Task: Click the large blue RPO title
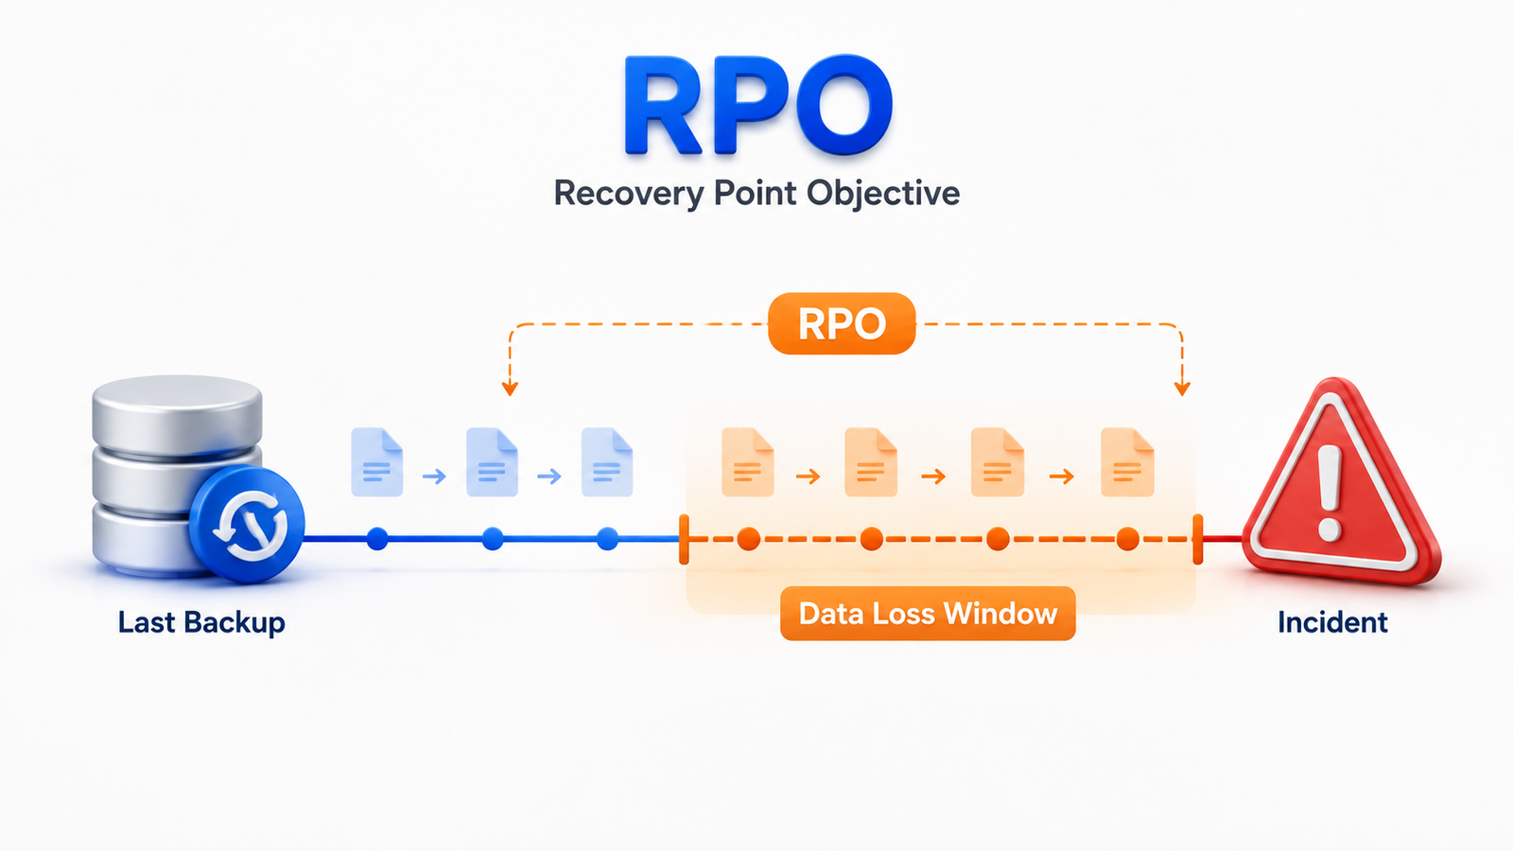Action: [x=757, y=105]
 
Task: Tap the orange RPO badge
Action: [x=842, y=323]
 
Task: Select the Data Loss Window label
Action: [x=928, y=614]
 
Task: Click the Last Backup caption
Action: [x=201, y=622]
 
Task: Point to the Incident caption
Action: [x=1332, y=622]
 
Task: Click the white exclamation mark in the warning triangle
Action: [x=1330, y=493]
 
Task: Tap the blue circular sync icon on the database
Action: [x=247, y=525]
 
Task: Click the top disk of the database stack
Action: [x=177, y=413]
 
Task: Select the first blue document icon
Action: [x=377, y=462]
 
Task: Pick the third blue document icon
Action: [x=607, y=462]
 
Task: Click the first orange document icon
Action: [x=748, y=462]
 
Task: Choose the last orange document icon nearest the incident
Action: [x=1127, y=462]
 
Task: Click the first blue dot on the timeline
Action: [x=377, y=539]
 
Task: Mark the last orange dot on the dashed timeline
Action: [x=1127, y=539]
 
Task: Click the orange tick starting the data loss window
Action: [x=685, y=539]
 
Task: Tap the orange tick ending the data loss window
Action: [x=1197, y=539]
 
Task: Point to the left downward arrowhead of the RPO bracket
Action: [x=510, y=389]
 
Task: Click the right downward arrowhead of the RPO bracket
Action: [x=1182, y=389]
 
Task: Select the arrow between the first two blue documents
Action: [x=434, y=477]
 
